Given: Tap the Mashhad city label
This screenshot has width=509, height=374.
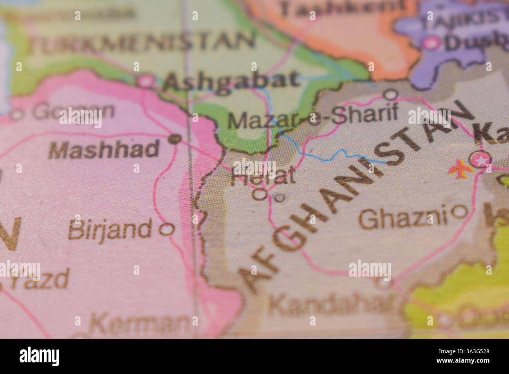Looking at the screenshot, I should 105,149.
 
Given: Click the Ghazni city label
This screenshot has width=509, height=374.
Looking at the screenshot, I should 403,218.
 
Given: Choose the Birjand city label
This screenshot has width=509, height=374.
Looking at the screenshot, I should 110,229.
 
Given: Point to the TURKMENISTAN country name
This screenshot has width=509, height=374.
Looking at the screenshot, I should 143,42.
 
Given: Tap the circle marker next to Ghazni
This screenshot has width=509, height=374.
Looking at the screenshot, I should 459,212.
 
